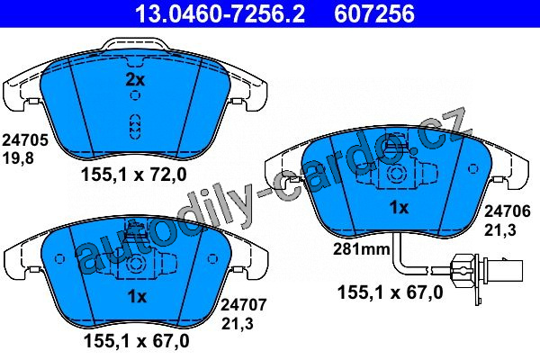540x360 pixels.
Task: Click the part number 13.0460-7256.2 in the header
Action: click(220, 13)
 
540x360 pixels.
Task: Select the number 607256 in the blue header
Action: click(374, 13)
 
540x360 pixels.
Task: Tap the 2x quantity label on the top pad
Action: click(135, 80)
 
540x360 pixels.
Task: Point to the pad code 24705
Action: click(25, 140)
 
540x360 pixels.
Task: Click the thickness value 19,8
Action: click(18, 158)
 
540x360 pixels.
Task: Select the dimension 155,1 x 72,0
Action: click(133, 175)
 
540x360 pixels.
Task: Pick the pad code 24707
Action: click(244, 305)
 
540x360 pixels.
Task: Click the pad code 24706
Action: click(508, 211)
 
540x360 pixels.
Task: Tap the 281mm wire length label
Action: click(361, 248)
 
